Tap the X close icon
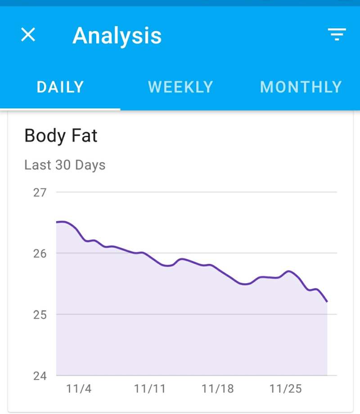coord(28,35)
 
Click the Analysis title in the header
coord(117,36)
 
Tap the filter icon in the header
coord(337,35)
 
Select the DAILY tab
coord(60,87)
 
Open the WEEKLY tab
coord(180,87)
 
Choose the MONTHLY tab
coord(301,87)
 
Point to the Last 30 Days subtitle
coord(65,165)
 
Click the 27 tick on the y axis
coord(40,192)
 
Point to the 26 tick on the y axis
coord(40,254)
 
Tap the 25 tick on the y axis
coord(40,314)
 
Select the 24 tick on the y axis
coord(40,375)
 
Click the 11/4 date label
coord(79,389)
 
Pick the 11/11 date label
coord(150,389)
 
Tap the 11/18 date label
coord(218,389)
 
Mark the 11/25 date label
coord(285,389)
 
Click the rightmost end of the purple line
coord(327,302)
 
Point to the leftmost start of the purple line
coord(57,222)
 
